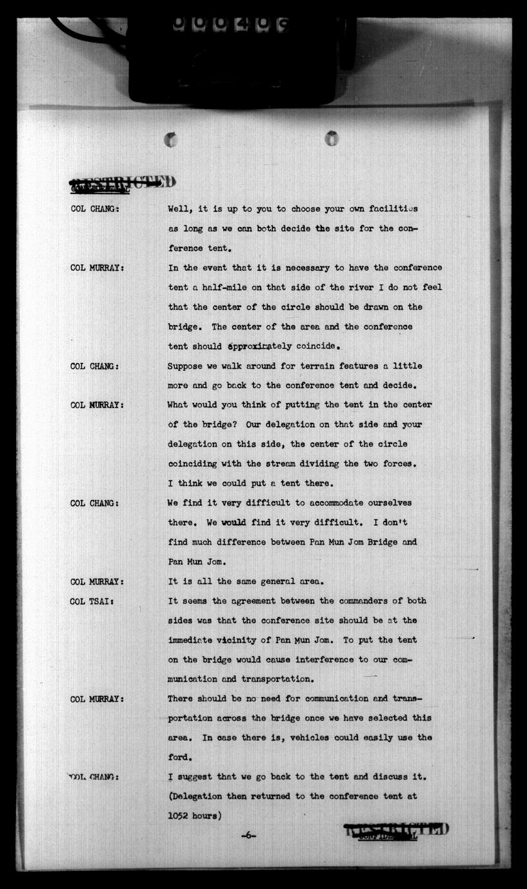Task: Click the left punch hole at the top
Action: coord(171,139)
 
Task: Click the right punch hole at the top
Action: coord(332,137)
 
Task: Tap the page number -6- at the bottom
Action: coord(248,835)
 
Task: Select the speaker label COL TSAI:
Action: coord(93,601)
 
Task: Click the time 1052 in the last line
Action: coord(179,816)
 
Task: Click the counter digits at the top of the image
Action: coord(229,24)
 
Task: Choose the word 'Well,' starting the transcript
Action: coord(181,209)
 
